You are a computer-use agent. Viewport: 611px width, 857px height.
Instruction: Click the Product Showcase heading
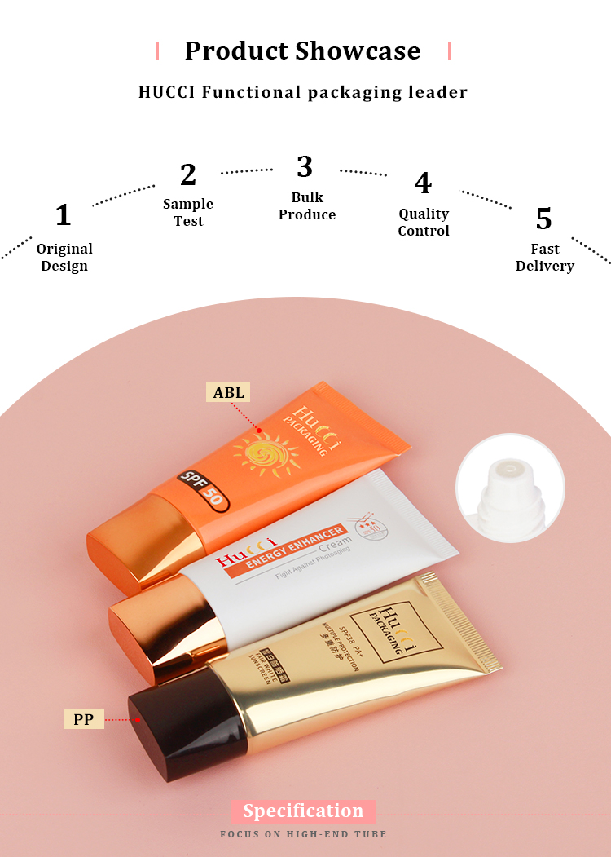click(302, 51)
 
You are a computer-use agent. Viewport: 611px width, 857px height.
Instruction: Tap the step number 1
click(63, 215)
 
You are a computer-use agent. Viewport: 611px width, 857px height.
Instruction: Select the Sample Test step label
click(188, 212)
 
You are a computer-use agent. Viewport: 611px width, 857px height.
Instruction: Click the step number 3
click(304, 166)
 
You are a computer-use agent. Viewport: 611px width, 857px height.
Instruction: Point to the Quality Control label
click(424, 222)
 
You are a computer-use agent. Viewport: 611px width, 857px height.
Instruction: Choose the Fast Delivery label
click(544, 257)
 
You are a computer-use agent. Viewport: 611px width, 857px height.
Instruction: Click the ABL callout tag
click(228, 392)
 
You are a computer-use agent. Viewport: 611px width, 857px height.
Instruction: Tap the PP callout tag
click(83, 719)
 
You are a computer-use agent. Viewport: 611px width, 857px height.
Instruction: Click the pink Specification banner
click(302, 811)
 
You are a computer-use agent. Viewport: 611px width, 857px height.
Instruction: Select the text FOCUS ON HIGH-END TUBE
click(303, 834)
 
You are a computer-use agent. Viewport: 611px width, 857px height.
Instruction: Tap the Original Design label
click(64, 257)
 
